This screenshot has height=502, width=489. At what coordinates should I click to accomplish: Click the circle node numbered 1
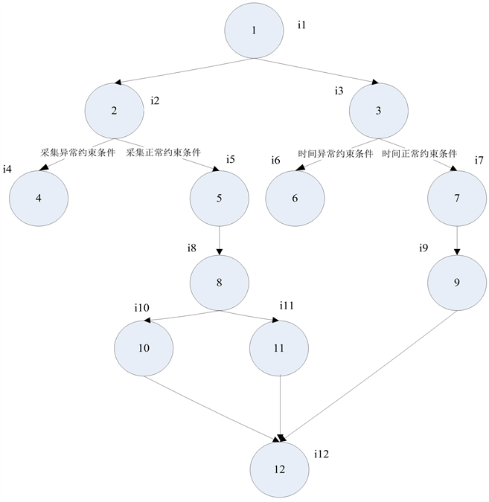coord(254,30)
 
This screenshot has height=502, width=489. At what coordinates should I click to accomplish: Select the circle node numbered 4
coord(39,198)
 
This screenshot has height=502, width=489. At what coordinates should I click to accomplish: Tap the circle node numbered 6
coord(295,198)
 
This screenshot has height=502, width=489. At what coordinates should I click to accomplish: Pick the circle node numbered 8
coord(219,283)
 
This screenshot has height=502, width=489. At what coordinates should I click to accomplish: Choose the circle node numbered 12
coord(279,469)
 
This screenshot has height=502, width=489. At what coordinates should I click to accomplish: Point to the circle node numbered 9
coord(457,283)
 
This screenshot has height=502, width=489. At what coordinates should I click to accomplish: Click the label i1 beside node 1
coord(301,25)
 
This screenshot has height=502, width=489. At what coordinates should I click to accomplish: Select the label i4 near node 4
coord(7,170)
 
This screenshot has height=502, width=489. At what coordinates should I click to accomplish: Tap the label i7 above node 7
coord(479,161)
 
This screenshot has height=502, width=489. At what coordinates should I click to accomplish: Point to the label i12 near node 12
coord(322,454)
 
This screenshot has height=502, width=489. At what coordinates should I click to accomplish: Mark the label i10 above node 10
coord(141,307)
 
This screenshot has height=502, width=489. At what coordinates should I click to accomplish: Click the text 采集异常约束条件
coord(77,152)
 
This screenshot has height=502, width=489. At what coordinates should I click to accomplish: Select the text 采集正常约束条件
coord(163,152)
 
